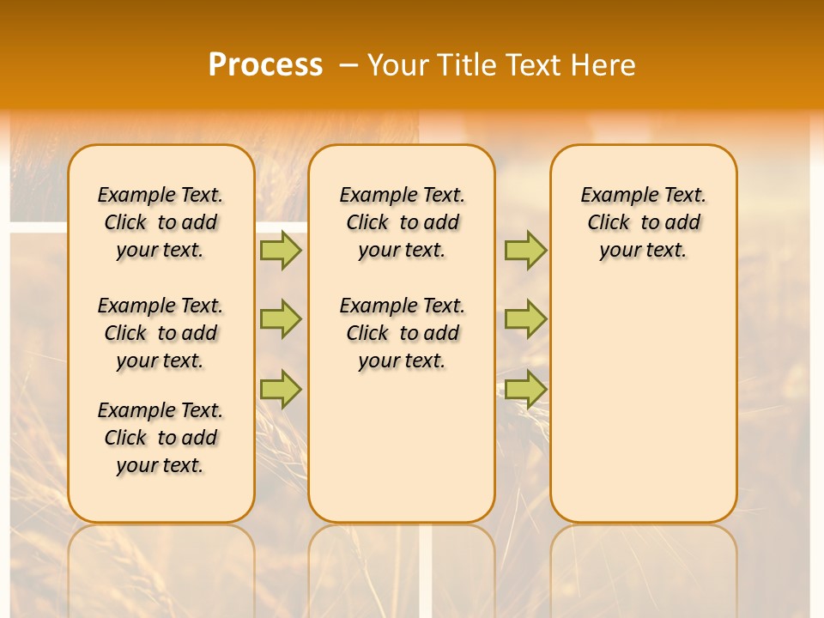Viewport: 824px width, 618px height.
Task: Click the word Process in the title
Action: pyautogui.click(x=265, y=65)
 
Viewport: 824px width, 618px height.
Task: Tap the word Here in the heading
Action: pyautogui.click(x=602, y=65)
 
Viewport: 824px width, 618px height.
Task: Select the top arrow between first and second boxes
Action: pyautogui.click(x=281, y=250)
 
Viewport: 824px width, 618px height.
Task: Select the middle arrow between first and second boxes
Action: pyautogui.click(x=281, y=319)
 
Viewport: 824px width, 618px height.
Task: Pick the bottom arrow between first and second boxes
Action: pyautogui.click(x=281, y=389)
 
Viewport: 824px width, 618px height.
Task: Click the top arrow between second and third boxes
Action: pyautogui.click(x=525, y=250)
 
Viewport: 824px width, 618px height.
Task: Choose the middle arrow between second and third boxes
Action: pyautogui.click(x=525, y=319)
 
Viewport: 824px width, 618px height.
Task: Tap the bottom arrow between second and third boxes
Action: pyautogui.click(x=525, y=389)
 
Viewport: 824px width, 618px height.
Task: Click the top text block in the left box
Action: pyautogui.click(x=161, y=222)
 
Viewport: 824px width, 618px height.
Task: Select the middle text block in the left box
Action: pyautogui.click(x=161, y=333)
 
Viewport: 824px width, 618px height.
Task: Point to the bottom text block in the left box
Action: pyautogui.click(x=161, y=438)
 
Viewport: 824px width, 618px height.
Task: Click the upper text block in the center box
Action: pyautogui.click(x=402, y=222)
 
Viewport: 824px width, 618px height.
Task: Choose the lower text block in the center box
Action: pyautogui.click(x=402, y=333)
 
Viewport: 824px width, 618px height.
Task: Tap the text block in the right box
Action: pyautogui.click(x=644, y=222)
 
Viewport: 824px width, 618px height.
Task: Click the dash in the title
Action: pyautogui.click(x=348, y=65)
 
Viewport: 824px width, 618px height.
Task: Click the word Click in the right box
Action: pyautogui.click(x=609, y=223)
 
